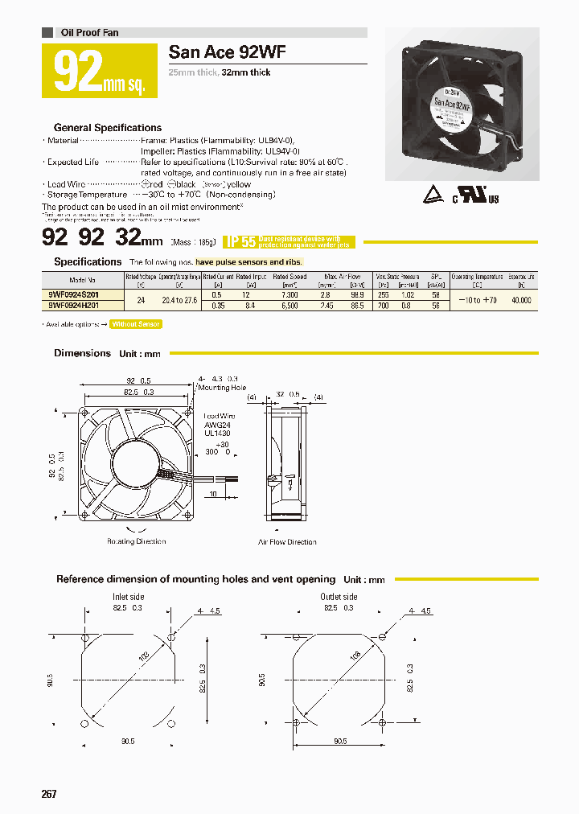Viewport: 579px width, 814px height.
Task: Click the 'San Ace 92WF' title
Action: tap(227, 53)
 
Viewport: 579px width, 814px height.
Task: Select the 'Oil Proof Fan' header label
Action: tap(89, 33)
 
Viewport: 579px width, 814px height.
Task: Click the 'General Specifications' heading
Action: tap(107, 128)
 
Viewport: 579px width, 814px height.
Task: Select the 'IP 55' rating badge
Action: tap(240, 241)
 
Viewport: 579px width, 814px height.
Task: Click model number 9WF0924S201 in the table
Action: tap(73, 295)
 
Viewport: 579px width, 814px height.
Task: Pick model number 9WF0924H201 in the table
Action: tap(73, 306)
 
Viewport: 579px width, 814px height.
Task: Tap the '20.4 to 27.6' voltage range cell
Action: tap(179, 300)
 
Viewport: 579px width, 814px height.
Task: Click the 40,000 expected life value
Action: tap(521, 300)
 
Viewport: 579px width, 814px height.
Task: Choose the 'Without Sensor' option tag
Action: tap(136, 324)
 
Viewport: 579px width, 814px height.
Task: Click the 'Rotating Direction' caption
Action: tap(137, 541)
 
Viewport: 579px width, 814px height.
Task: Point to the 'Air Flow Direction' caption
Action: tap(287, 542)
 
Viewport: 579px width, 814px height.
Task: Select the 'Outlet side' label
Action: tap(339, 597)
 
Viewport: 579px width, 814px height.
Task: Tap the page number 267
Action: tap(49, 794)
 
